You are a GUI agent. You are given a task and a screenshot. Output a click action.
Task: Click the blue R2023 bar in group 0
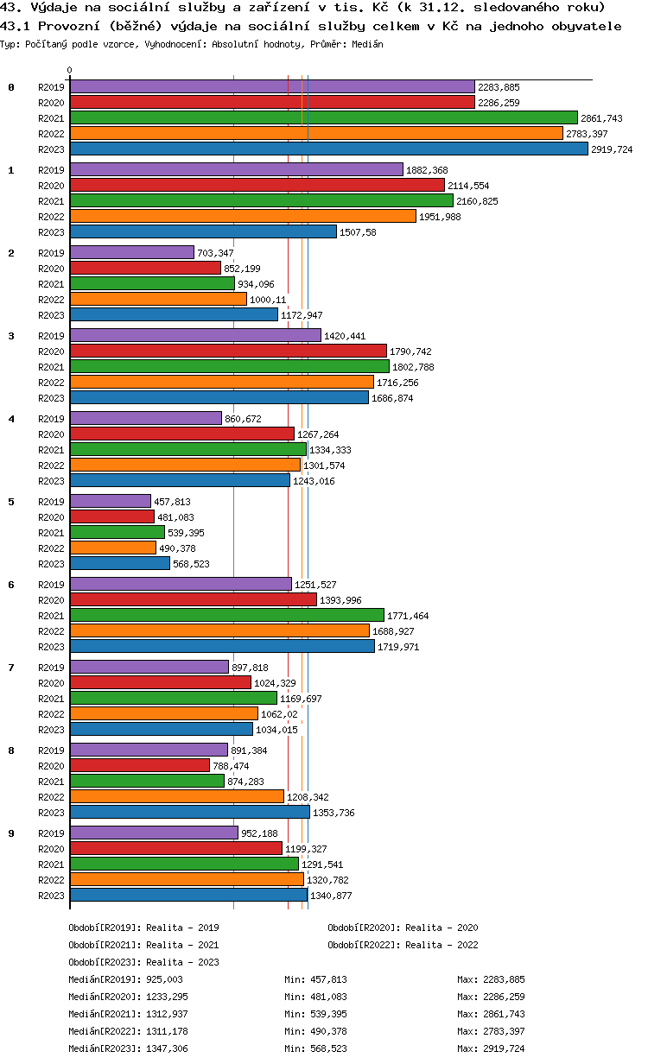(x=328, y=149)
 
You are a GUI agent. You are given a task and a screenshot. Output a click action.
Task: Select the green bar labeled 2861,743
(x=323, y=118)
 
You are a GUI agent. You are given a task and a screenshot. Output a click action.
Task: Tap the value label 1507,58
(x=358, y=232)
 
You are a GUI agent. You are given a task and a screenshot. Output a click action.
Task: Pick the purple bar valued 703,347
(x=131, y=252)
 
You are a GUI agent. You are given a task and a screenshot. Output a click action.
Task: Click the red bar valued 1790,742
(x=228, y=351)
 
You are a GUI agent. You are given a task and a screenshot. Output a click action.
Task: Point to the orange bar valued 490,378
(x=112, y=548)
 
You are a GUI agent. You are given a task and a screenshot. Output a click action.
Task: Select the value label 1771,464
(x=408, y=616)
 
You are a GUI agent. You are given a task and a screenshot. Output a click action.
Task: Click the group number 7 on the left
(x=11, y=668)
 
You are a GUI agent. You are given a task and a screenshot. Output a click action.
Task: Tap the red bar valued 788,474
(x=139, y=766)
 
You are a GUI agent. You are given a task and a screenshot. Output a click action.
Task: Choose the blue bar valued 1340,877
(x=188, y=896)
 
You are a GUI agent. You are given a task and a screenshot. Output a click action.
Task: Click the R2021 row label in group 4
(x=51, y=450)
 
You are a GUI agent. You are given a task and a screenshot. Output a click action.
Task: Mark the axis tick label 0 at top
(x=70, y=71)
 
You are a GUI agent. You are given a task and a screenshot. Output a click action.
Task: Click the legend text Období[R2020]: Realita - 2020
(x=403, y=928)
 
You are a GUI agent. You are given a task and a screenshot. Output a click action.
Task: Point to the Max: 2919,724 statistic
(x=491, y=1048)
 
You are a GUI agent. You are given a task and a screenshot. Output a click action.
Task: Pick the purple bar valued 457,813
(x=110, y=501)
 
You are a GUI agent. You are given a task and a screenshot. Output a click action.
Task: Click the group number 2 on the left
(x=11, y=253)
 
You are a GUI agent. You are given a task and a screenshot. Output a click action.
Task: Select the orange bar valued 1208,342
(x=176, y=797)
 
